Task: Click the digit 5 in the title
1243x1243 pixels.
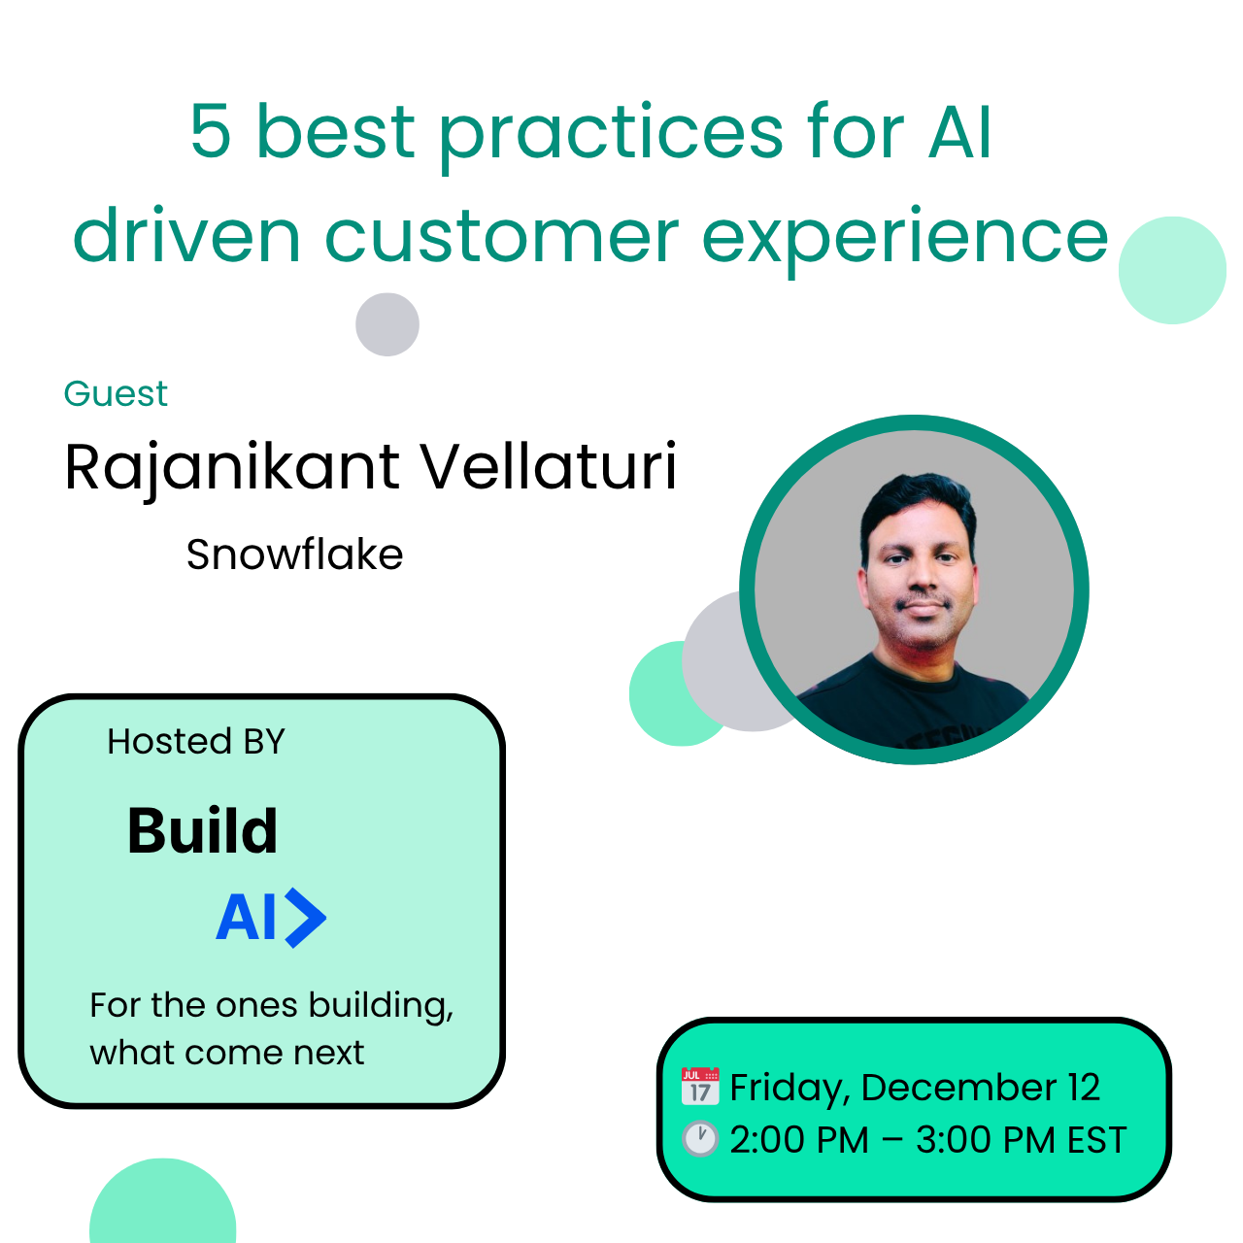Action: (x=211, y=131)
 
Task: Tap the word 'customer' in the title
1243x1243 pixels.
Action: (x=502, y=237)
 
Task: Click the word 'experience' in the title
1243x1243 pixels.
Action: (x=905, y=240)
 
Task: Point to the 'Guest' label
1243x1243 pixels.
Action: (x=116, y=393)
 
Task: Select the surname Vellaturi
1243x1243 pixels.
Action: (x=549, y=465)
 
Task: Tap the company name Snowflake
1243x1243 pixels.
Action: (x=295, y=554)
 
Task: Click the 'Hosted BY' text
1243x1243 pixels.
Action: (x=195, y=741)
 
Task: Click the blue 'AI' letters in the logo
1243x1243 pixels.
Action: (x=246, y=918)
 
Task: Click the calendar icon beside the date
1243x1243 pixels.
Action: (x=700, y=1087)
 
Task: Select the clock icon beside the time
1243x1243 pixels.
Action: (x=700, y=1138)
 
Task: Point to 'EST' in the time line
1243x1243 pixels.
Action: (x=1096, y=1140)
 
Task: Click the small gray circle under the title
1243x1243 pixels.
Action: (x=387, y=324)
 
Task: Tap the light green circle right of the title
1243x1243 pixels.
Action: (x=1172, y=270)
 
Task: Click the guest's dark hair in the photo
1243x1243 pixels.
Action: (x=918, y=506)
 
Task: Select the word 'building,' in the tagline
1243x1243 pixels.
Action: (x=382, y=1006)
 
